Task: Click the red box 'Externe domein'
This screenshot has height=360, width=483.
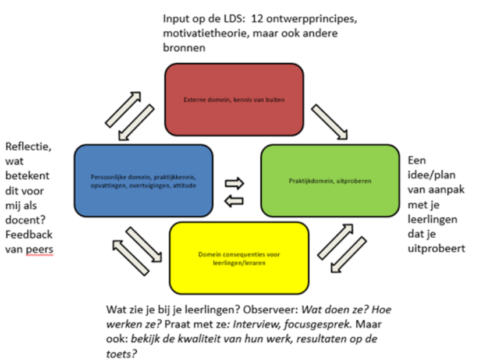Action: pyautogui.click(x=234, y=99)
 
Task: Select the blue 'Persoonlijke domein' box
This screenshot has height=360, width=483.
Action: pyautogui.click(x=143, y=180)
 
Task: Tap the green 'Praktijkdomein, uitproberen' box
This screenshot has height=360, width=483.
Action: pyautogui.click(x=330, y=180)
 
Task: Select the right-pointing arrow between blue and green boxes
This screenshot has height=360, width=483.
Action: pyautogui.click(x=235, y=183)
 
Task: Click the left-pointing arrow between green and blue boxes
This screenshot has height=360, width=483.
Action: pyautogui.click(x=233, y=201)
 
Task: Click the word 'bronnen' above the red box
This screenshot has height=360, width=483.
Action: pyautogui.click(x=184, y=48)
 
